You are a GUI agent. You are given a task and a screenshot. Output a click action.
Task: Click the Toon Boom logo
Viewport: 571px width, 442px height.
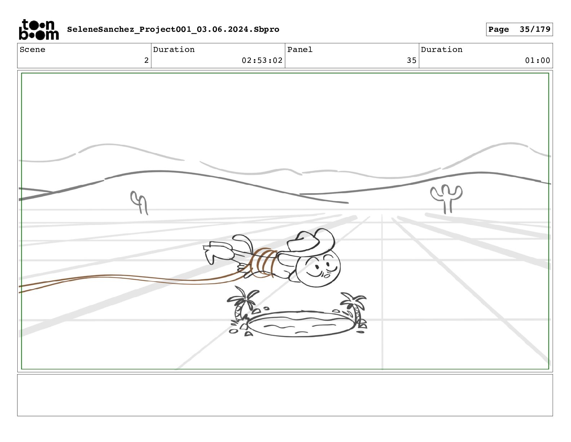[39, 30]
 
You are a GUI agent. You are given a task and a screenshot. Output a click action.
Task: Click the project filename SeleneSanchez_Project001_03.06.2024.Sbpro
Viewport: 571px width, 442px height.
[173, 29]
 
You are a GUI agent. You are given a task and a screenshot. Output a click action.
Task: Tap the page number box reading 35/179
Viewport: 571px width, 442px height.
[519, 29]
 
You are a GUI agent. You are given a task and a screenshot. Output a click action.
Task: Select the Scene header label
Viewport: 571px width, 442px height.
[32, 49]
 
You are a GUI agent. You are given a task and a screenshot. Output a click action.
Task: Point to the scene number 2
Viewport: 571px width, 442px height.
[146, 60]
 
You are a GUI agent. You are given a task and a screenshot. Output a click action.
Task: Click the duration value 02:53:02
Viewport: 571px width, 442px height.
[262, 60]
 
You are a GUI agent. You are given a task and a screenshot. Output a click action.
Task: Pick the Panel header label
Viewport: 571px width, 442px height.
[300, 49]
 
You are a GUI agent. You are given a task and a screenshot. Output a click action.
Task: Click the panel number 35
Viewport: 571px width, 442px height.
[412, 60]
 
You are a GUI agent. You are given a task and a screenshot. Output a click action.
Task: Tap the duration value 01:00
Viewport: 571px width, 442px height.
[537, 60]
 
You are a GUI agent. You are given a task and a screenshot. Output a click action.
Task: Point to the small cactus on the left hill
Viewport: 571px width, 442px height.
[139, 203]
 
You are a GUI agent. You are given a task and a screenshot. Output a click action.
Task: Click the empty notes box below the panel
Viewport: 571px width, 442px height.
[285, 395]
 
